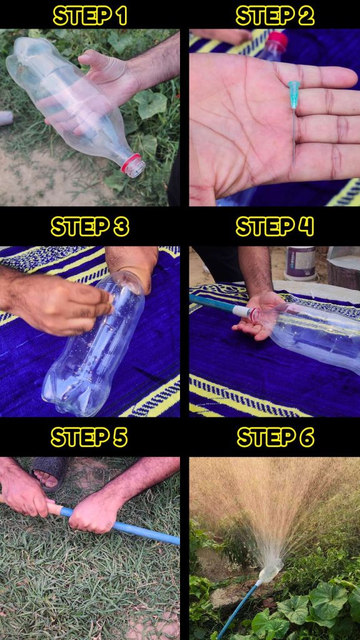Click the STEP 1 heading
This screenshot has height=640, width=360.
pos(90,16)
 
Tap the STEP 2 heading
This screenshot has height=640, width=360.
pos(275,16)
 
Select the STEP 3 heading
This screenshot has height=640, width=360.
pos(90,226)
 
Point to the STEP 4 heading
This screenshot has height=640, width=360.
pos(275,226)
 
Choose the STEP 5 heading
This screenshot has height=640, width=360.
pos(89,437)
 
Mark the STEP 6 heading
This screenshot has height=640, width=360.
pos(276,437)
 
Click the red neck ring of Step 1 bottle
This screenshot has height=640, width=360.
pos(131,162)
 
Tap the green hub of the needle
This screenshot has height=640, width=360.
pos(294,94)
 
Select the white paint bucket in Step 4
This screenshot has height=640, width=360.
pos(301,263)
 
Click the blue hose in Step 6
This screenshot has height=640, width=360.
pos(239,609)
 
